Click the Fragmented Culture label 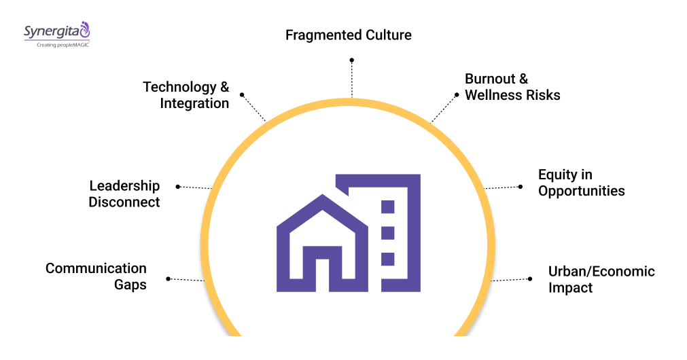point(348,35)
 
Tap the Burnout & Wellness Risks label point(512,88)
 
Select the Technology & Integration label point(186,95)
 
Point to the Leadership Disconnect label point(124,194)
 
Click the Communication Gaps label point(96,276)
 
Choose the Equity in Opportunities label point(581,183)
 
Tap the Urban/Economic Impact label point(601,279)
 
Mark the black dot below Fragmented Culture point(352,60)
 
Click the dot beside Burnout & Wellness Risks point(457,94)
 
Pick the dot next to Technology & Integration point(242,95)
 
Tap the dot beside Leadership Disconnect point(178,186)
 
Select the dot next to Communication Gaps point(168,278)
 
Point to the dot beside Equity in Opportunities point(521,186)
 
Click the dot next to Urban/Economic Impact point(530,278)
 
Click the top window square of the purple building point(387,207)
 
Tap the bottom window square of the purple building point(387,259)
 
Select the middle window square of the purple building point(387,233)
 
